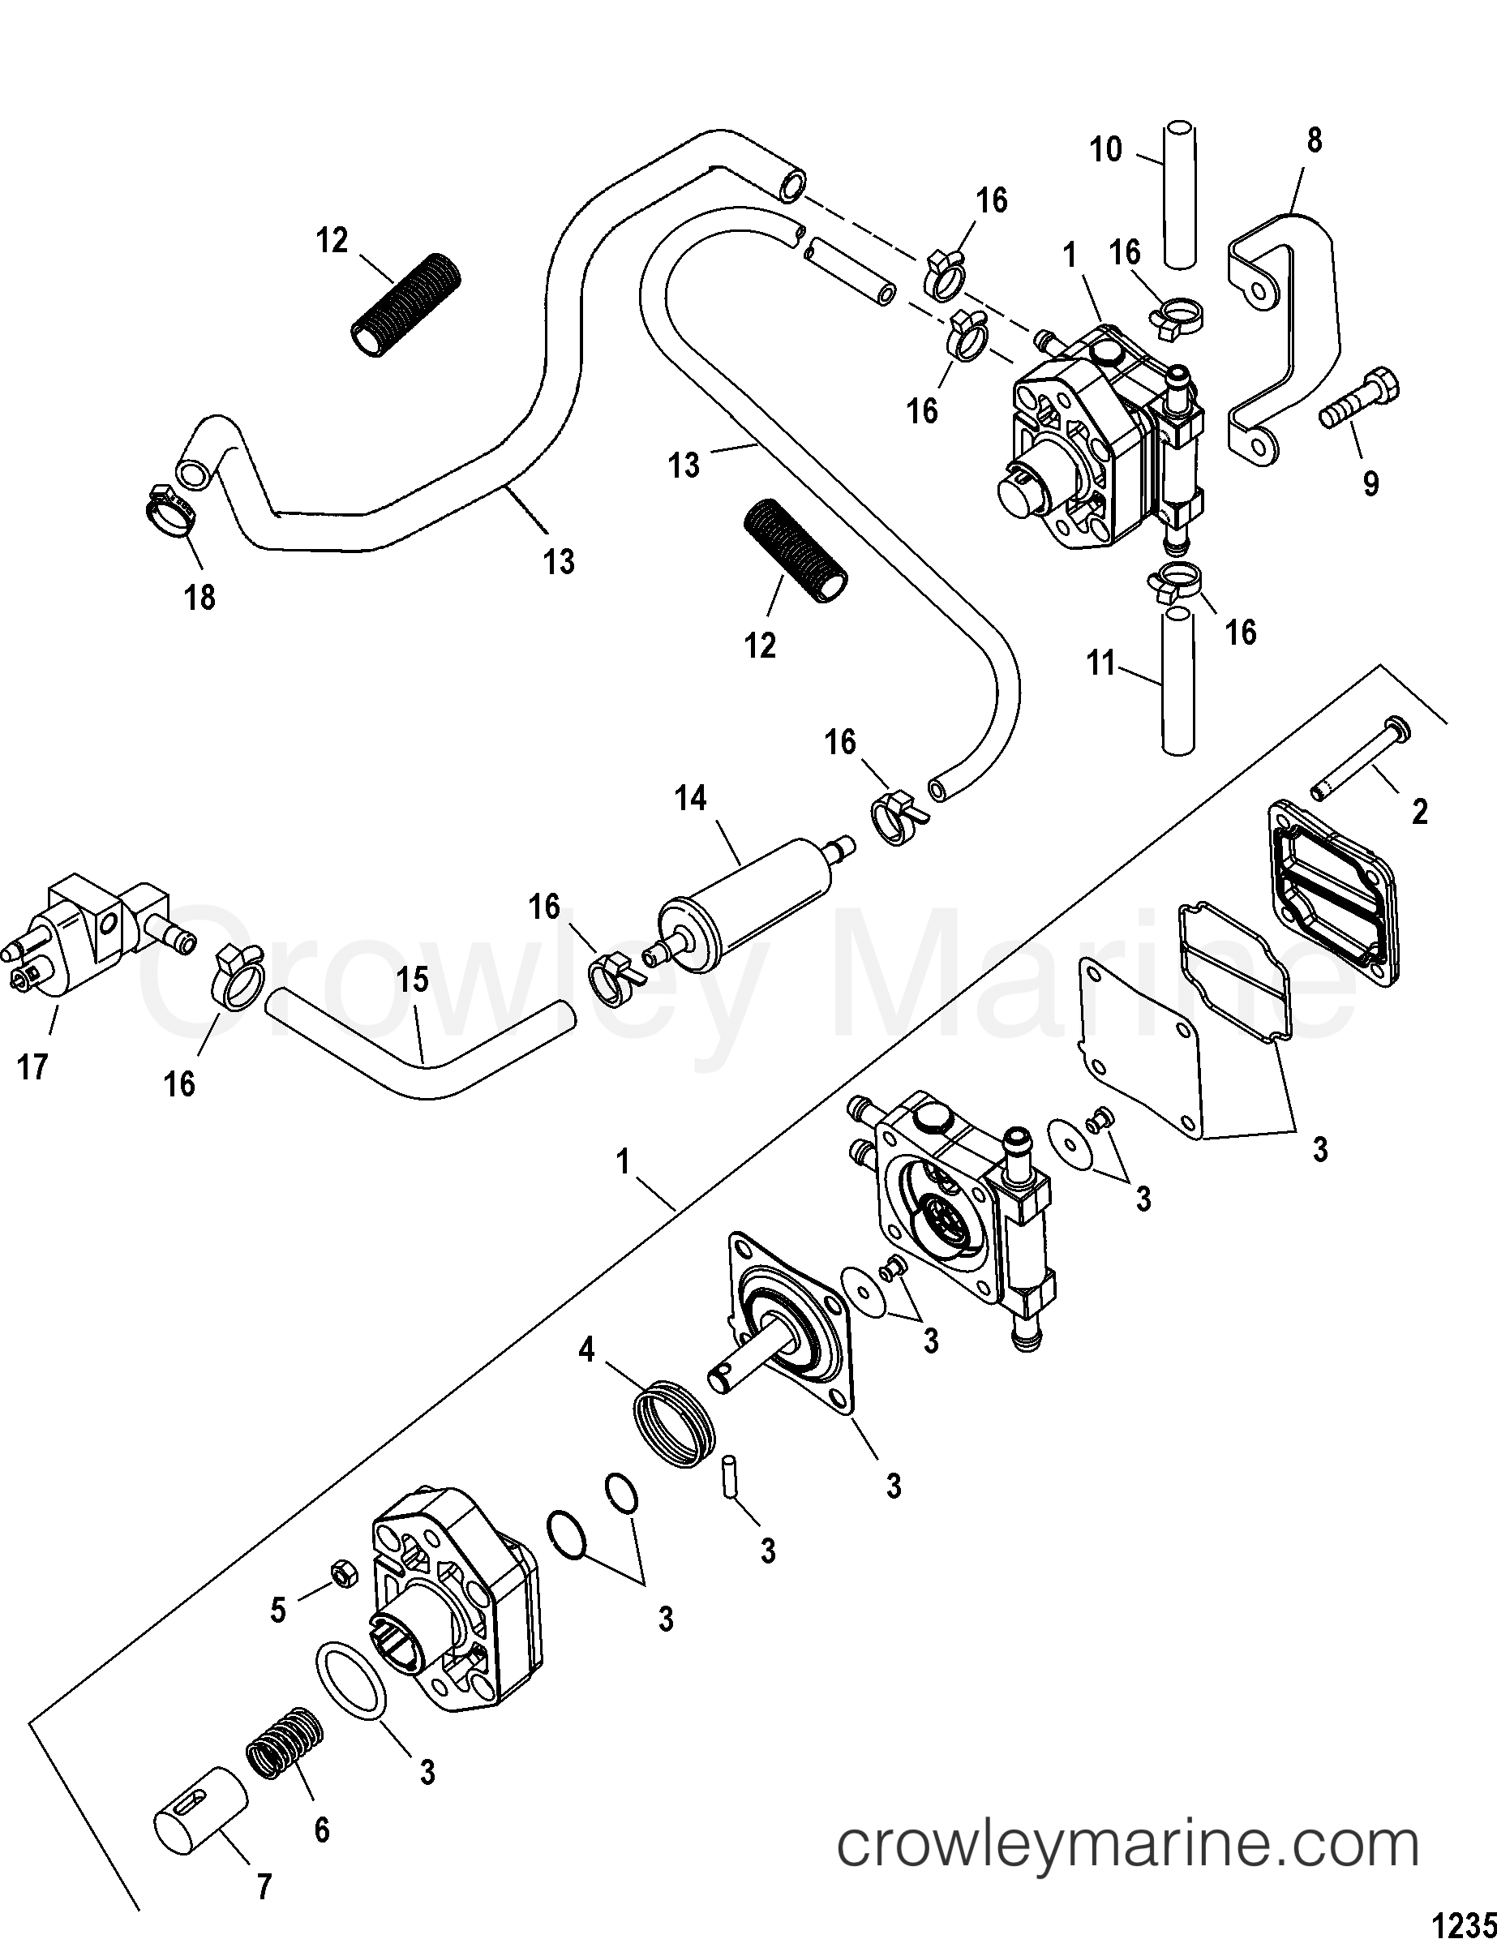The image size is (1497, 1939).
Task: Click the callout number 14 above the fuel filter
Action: click(x=690, y=799)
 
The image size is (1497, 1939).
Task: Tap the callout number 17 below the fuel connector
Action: click(x=33, y=1067)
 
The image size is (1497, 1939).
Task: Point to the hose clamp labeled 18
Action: click(x=169, y=516)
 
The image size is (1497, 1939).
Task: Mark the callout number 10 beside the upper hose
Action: click(x=1106, y=150)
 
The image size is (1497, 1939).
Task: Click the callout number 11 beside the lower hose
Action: click(x=1101, y=663)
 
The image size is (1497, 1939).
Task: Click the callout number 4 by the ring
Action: click(x=587, y=1378)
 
